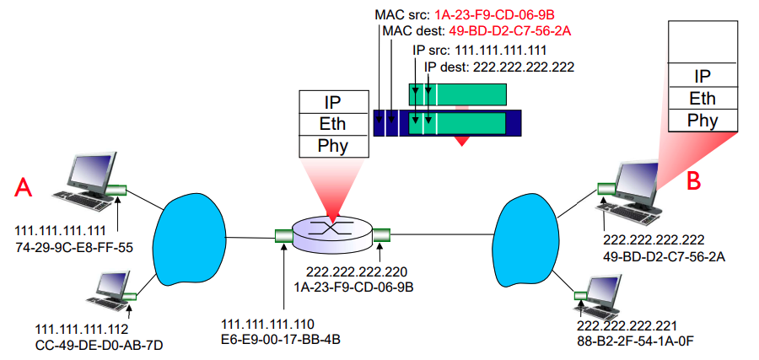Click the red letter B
694,179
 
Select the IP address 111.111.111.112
80,328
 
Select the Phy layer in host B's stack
702,120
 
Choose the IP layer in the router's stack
333,102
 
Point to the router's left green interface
283,237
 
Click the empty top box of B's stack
702,42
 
